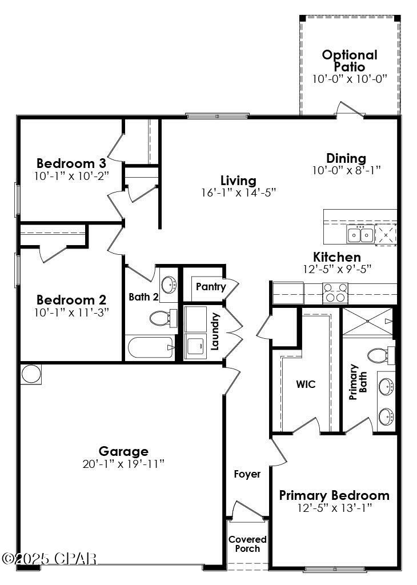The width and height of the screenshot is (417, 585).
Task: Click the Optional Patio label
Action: pos(350,61)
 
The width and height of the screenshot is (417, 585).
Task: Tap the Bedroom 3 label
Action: pos(71,163)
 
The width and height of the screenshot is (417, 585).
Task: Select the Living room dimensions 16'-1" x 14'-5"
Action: pos(238,193)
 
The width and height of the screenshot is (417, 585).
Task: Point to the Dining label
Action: pos(346,158)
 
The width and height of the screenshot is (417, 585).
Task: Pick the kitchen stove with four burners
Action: pos(335,293)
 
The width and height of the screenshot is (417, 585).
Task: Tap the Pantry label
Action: pos(210,287)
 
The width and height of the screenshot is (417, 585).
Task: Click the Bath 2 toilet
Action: pos(162,318)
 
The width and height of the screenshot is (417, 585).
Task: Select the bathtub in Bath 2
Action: pos(150,347)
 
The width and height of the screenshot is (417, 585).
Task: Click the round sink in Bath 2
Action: pos(169,285)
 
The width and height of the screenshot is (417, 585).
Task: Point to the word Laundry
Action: pos(215,331)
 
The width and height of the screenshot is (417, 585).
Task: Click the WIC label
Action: pos(306,384)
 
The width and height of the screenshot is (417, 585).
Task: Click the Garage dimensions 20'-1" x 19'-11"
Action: pos(123,463)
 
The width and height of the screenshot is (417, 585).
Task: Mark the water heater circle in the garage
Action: pos(31,374)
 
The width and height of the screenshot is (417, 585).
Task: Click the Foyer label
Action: pos(247,474)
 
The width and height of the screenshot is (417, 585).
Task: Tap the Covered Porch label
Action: pos(247,544)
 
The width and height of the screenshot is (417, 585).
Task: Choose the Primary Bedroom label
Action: pos(334,495)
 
